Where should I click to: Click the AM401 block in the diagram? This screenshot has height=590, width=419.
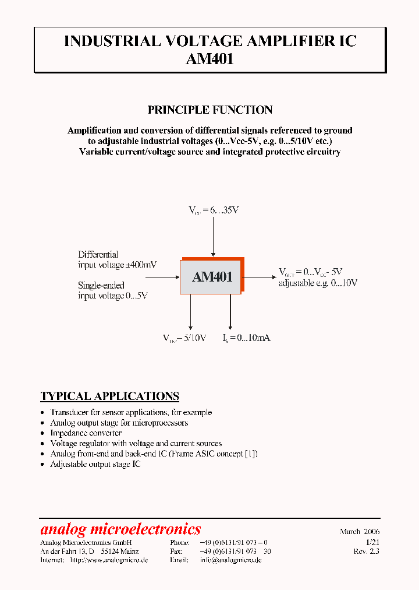[x=212, y=277]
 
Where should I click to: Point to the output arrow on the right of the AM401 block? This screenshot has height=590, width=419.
[x=259, y=276]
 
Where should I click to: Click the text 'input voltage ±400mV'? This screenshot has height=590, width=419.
[x=118, y=265]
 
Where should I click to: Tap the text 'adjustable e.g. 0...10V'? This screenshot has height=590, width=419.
[x=318, y=283]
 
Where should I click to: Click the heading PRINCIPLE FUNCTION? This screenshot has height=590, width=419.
[x=210, y=110]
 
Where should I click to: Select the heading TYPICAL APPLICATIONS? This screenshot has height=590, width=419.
[x=109, y=396]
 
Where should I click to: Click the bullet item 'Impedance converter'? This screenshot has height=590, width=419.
[x=86, y=433]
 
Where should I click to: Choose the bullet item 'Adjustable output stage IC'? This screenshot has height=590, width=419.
[x=95, y=464]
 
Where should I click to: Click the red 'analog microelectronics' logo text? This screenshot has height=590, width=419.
[x=120, y=529]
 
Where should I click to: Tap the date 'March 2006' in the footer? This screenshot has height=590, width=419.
[x=360, y=532]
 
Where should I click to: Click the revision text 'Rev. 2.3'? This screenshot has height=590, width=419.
[x=366, y=551]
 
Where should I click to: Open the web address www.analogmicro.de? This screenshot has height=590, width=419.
[x=109, y=560]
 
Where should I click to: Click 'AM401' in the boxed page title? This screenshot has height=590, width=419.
[x=210, y=58]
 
